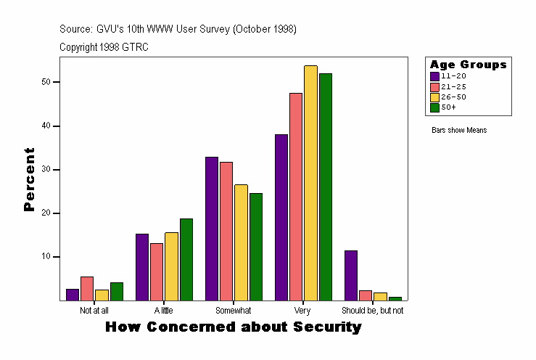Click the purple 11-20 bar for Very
coord(281,217)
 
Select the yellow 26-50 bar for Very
coord(310,183)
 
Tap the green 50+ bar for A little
coord(186,259)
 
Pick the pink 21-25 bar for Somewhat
coord(226,231)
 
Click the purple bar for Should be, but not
coord(351,275)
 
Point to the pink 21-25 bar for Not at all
coord(87,288)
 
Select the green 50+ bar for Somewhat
coord(255,246)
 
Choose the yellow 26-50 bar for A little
coord(171,266)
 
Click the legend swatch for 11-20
coord(434,76)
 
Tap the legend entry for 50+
coord(448,107)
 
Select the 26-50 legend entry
coord(448,97)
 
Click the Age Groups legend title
coord(468,65)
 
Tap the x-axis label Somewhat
coord(234,310)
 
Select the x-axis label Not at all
coord(94,310)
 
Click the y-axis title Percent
coord(29,179)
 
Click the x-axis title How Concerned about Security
coord(233,327)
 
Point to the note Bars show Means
coord(459,131)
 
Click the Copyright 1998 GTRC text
coord(104,47)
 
